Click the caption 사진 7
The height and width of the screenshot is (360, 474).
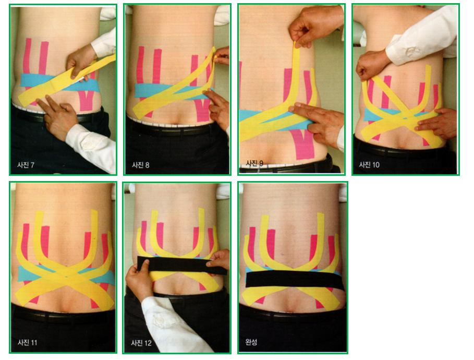click(x=26, y=165)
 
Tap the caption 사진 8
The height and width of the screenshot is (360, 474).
click(x=141, y=165)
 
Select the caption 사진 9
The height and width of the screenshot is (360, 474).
click(x=254, y=163)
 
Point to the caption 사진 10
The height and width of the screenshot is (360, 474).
click(x=369, y=165)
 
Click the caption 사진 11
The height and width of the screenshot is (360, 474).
click(x=27, y=342)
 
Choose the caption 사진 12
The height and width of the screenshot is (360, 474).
click(x=141, y=343)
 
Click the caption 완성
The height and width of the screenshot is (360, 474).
click(x=251, y=342)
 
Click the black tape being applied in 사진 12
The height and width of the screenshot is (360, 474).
click(x=181, y=265)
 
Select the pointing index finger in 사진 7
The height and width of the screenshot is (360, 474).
click(x=44, y=104)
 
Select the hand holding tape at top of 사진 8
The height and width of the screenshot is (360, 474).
click(x=222, y=55)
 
